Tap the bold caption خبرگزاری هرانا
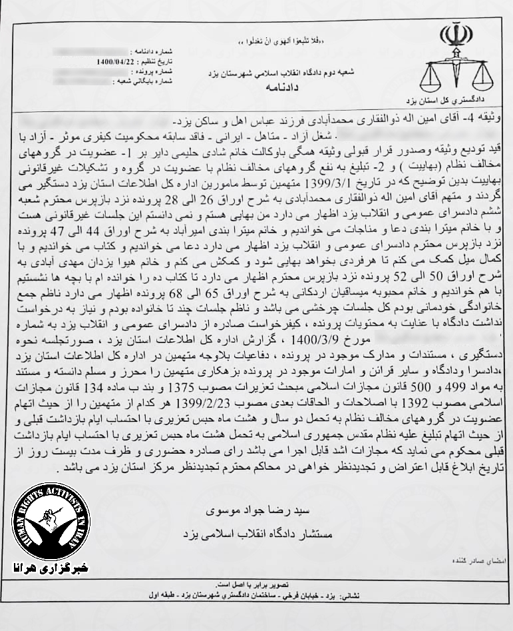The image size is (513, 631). [53, 568]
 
